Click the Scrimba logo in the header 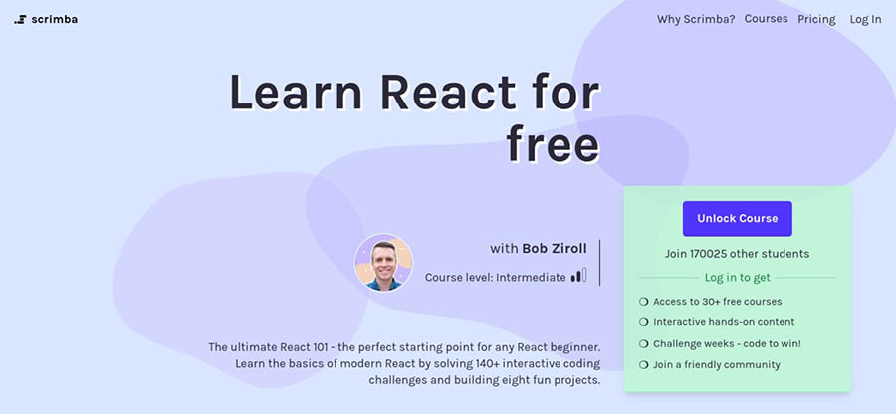point(45,19)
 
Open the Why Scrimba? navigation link point(695,19)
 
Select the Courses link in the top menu point(766,19)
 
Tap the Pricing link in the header point(816,19)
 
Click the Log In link point(865,19)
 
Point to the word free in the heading point(553,145)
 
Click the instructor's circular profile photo point(383,263)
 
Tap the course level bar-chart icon point(578,276)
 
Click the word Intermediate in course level point(531,277)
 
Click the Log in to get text point(737,278)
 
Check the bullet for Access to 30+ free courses point(643,301)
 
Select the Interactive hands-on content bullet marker point(643,322)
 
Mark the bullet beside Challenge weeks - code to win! point(643,343)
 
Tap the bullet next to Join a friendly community point(643,365)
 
